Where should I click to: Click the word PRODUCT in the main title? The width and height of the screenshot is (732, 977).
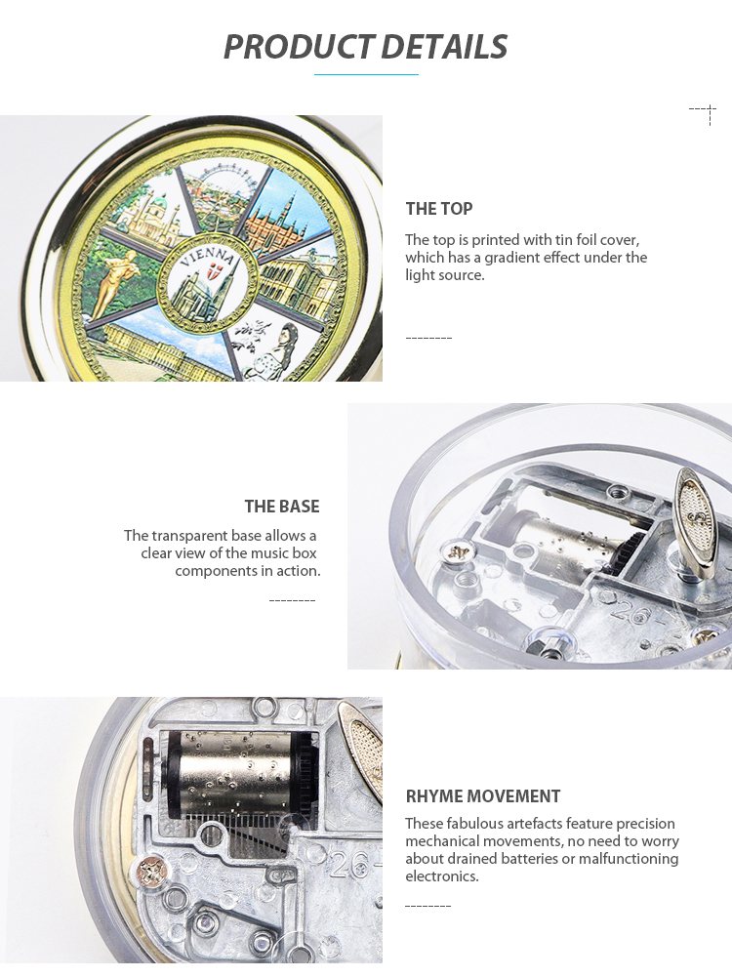(299, 48)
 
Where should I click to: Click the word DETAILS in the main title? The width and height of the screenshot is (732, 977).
(444, 48)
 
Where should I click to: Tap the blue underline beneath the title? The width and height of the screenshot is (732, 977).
(366, 75)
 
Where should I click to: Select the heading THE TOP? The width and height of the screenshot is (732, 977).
(439, 209)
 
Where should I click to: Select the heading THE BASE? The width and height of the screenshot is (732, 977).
(282, 507)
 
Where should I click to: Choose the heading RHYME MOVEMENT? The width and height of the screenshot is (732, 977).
(483, 796)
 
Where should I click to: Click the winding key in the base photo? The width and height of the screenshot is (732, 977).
(696, 521)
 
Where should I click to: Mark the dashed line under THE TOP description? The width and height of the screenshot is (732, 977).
(428, 338)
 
